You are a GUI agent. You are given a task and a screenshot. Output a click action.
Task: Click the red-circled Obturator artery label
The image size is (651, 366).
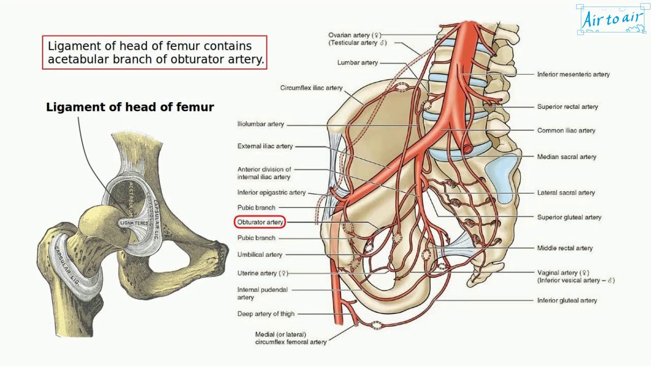[x=260, y=222]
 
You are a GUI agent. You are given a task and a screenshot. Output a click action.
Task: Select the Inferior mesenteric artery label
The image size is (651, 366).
[x=573, y=74]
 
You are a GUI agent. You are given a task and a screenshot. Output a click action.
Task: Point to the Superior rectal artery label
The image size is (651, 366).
[x=568, y=107]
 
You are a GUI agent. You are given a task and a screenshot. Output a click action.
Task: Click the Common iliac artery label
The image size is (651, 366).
[x=566, y=131]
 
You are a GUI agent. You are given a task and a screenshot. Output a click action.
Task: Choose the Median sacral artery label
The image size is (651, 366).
[x=567, y=157]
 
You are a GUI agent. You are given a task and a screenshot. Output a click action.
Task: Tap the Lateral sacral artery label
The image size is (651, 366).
[x=566, y=193]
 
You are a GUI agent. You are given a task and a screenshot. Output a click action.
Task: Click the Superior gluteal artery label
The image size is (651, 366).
[x=569, y=217]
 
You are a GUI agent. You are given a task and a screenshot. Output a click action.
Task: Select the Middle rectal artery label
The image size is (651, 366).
[x=565, y=248]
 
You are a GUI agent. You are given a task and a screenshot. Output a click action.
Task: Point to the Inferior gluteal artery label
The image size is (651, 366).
[x=567, y=300]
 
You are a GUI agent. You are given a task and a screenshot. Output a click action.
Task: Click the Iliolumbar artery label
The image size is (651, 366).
[x=260, y=124]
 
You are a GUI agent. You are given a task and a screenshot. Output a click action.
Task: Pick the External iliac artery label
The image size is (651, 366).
[x=265, y=146]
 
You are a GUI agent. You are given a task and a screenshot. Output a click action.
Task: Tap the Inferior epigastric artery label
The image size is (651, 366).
[x=272, y=193]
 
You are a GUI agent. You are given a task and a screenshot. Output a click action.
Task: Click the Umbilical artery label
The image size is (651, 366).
[x=259, y=255]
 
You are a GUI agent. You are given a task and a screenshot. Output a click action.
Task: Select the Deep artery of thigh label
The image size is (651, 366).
[x=265, y=314]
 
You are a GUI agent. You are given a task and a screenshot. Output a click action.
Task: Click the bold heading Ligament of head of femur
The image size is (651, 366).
[x=130, y=107]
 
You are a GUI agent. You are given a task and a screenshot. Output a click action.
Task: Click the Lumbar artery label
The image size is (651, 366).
[x=358, y=63]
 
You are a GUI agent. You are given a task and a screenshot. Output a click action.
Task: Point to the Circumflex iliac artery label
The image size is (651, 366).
[x=311, y=88]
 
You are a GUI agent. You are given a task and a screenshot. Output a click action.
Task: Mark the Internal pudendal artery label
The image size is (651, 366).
[x=262, y=293]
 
